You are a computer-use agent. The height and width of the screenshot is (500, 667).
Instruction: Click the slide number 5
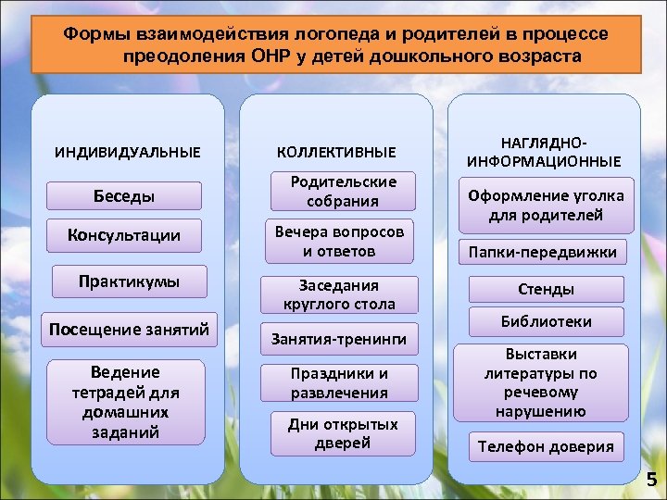click(651, 479)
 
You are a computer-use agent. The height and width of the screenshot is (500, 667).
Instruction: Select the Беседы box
click(123, 196)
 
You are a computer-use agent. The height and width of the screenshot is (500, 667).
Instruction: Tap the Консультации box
click(123, 236)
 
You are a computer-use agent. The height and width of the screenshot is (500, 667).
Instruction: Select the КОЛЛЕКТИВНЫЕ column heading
click(335, 151)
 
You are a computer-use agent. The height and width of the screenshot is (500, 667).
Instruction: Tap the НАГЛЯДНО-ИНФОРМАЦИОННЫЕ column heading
click(545, 151)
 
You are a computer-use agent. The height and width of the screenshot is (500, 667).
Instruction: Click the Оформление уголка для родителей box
click(546, 206)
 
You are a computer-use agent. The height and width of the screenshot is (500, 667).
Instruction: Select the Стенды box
click(546, 289)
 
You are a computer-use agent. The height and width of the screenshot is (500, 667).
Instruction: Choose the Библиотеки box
click(546, 321)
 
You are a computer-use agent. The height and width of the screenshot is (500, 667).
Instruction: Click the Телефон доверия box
click(546, 446)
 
